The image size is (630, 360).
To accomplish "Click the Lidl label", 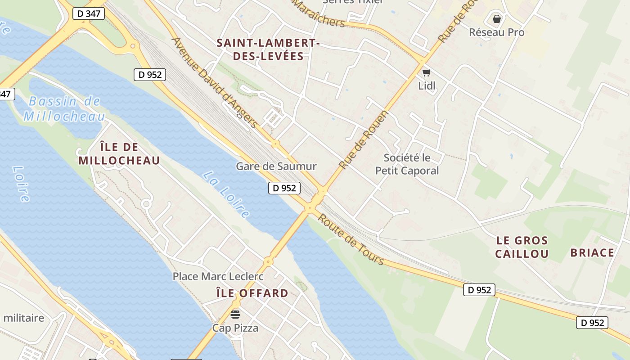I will [427, 85].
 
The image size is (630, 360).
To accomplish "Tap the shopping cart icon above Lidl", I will [426, 72].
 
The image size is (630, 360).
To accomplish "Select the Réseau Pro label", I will [496, 32].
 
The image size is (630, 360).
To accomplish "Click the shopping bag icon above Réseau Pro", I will [496, 19].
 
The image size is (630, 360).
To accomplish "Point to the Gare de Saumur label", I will [276, 166].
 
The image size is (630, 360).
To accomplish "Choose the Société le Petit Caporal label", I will [407, 164].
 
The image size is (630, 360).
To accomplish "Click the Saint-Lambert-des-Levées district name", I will [268, 49].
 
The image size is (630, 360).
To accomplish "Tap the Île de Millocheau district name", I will [119, 154].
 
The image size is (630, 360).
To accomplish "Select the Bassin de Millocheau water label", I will [64, 108].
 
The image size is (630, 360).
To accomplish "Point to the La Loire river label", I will [225, 194].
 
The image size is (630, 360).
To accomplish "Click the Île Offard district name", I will [252, 293].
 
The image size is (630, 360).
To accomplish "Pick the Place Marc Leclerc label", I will [218, 276].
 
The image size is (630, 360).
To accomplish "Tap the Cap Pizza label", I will [235, 328].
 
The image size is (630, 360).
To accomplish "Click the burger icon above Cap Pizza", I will [235, 314].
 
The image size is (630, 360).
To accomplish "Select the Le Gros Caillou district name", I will [522, 247].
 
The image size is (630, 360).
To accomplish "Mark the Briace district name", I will [592, 252].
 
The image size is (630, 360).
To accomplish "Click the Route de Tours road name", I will [351, 239].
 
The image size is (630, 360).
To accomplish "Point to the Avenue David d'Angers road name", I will [215, 82].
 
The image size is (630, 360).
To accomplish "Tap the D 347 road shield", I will [89, 13].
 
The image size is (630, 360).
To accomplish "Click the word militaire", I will [23, 318].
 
